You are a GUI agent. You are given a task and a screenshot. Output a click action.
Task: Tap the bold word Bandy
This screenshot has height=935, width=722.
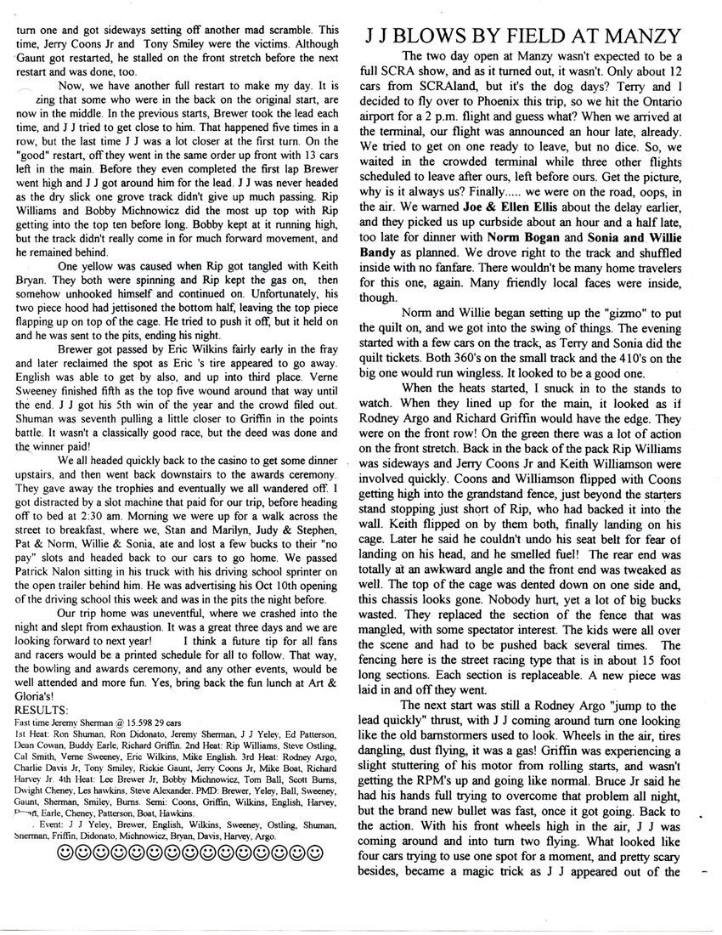pyautogui.click(x=378, y=207)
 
